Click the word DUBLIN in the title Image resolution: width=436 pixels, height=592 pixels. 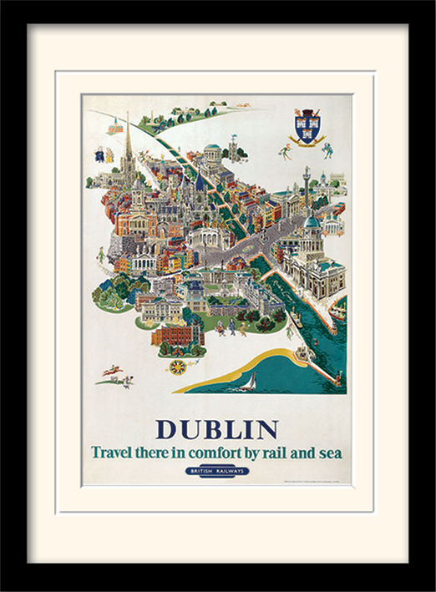(216, 429)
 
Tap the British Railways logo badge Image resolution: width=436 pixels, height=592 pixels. (217, 472)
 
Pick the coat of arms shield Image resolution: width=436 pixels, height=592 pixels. (307, 127)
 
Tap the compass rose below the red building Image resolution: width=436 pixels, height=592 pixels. (177, 366)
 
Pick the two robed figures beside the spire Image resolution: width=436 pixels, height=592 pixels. (104, 155)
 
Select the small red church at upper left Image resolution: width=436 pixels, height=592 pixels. (115, 127)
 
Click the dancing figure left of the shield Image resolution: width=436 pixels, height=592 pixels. (285, 151)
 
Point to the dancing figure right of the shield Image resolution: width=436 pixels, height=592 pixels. (327, 149)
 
